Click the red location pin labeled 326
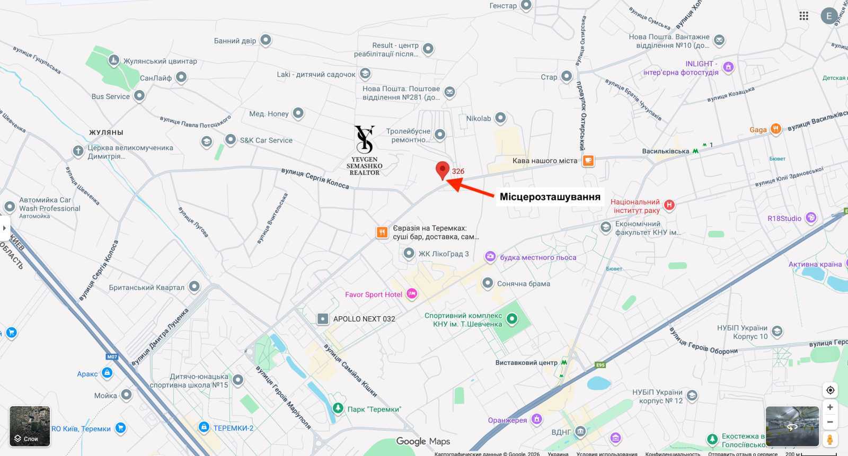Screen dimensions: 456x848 443,170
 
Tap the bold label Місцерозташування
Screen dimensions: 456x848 550,197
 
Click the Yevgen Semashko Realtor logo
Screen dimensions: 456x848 365,150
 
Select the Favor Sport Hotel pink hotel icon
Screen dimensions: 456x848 412,294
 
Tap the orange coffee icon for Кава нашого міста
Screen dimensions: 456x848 588,160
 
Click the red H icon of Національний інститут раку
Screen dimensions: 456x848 669,205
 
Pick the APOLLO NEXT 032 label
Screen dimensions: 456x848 364,319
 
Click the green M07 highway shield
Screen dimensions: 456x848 112,356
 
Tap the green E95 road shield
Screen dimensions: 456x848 600,365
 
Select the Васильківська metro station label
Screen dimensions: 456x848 666,151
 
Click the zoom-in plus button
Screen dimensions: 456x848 830,407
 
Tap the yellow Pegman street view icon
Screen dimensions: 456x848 830,439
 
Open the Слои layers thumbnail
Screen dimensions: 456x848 30,426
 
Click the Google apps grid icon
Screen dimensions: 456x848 804,16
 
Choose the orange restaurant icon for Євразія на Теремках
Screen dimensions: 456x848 382,232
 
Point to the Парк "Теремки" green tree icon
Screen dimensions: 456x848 338,408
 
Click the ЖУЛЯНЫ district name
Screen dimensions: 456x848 106,132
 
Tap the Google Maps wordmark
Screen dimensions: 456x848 423,441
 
